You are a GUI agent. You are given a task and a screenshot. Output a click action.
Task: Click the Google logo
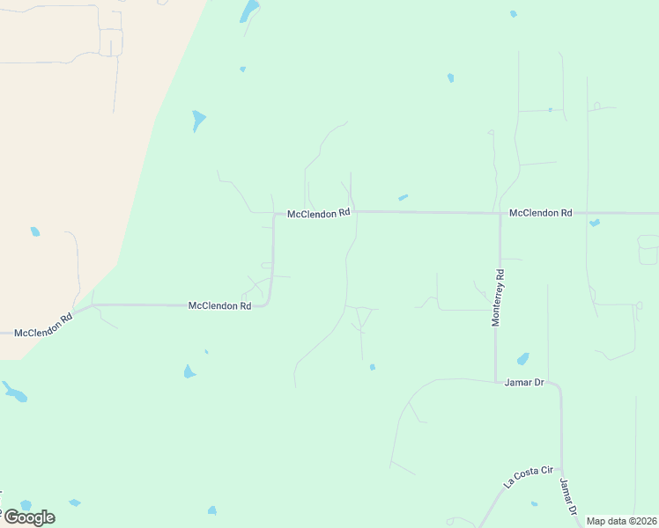click(29, 517)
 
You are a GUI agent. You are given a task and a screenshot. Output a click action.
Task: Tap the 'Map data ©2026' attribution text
click(621, 521)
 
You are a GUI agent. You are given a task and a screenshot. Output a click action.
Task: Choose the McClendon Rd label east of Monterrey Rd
click(541, 213)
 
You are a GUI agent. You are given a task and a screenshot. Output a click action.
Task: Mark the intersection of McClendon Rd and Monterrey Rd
click(500, 213)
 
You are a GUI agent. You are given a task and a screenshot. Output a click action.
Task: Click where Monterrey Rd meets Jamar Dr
click(496, 380)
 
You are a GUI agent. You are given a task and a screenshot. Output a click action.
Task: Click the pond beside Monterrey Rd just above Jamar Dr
click(522, 359)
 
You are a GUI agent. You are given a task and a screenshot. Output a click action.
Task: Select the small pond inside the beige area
click(35, 231)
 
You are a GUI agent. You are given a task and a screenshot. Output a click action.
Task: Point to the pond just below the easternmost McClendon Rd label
click(595, 223)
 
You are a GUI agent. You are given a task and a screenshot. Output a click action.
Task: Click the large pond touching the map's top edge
click(249, 11)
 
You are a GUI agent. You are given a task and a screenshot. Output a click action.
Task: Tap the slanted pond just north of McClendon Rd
click(403, 197)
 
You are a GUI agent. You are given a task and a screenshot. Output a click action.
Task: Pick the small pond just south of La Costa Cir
click(535, 504)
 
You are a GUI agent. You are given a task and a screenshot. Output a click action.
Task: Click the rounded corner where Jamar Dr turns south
click(559, 387)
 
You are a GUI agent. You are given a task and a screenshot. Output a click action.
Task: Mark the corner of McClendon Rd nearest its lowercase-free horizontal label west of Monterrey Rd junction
click(275, 215)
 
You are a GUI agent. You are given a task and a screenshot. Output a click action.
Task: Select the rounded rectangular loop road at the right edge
click(648, 250)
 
